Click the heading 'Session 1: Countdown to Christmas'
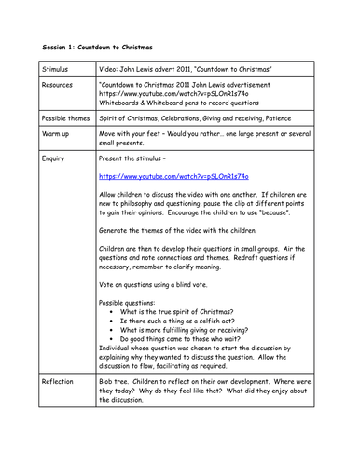point(97,46)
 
